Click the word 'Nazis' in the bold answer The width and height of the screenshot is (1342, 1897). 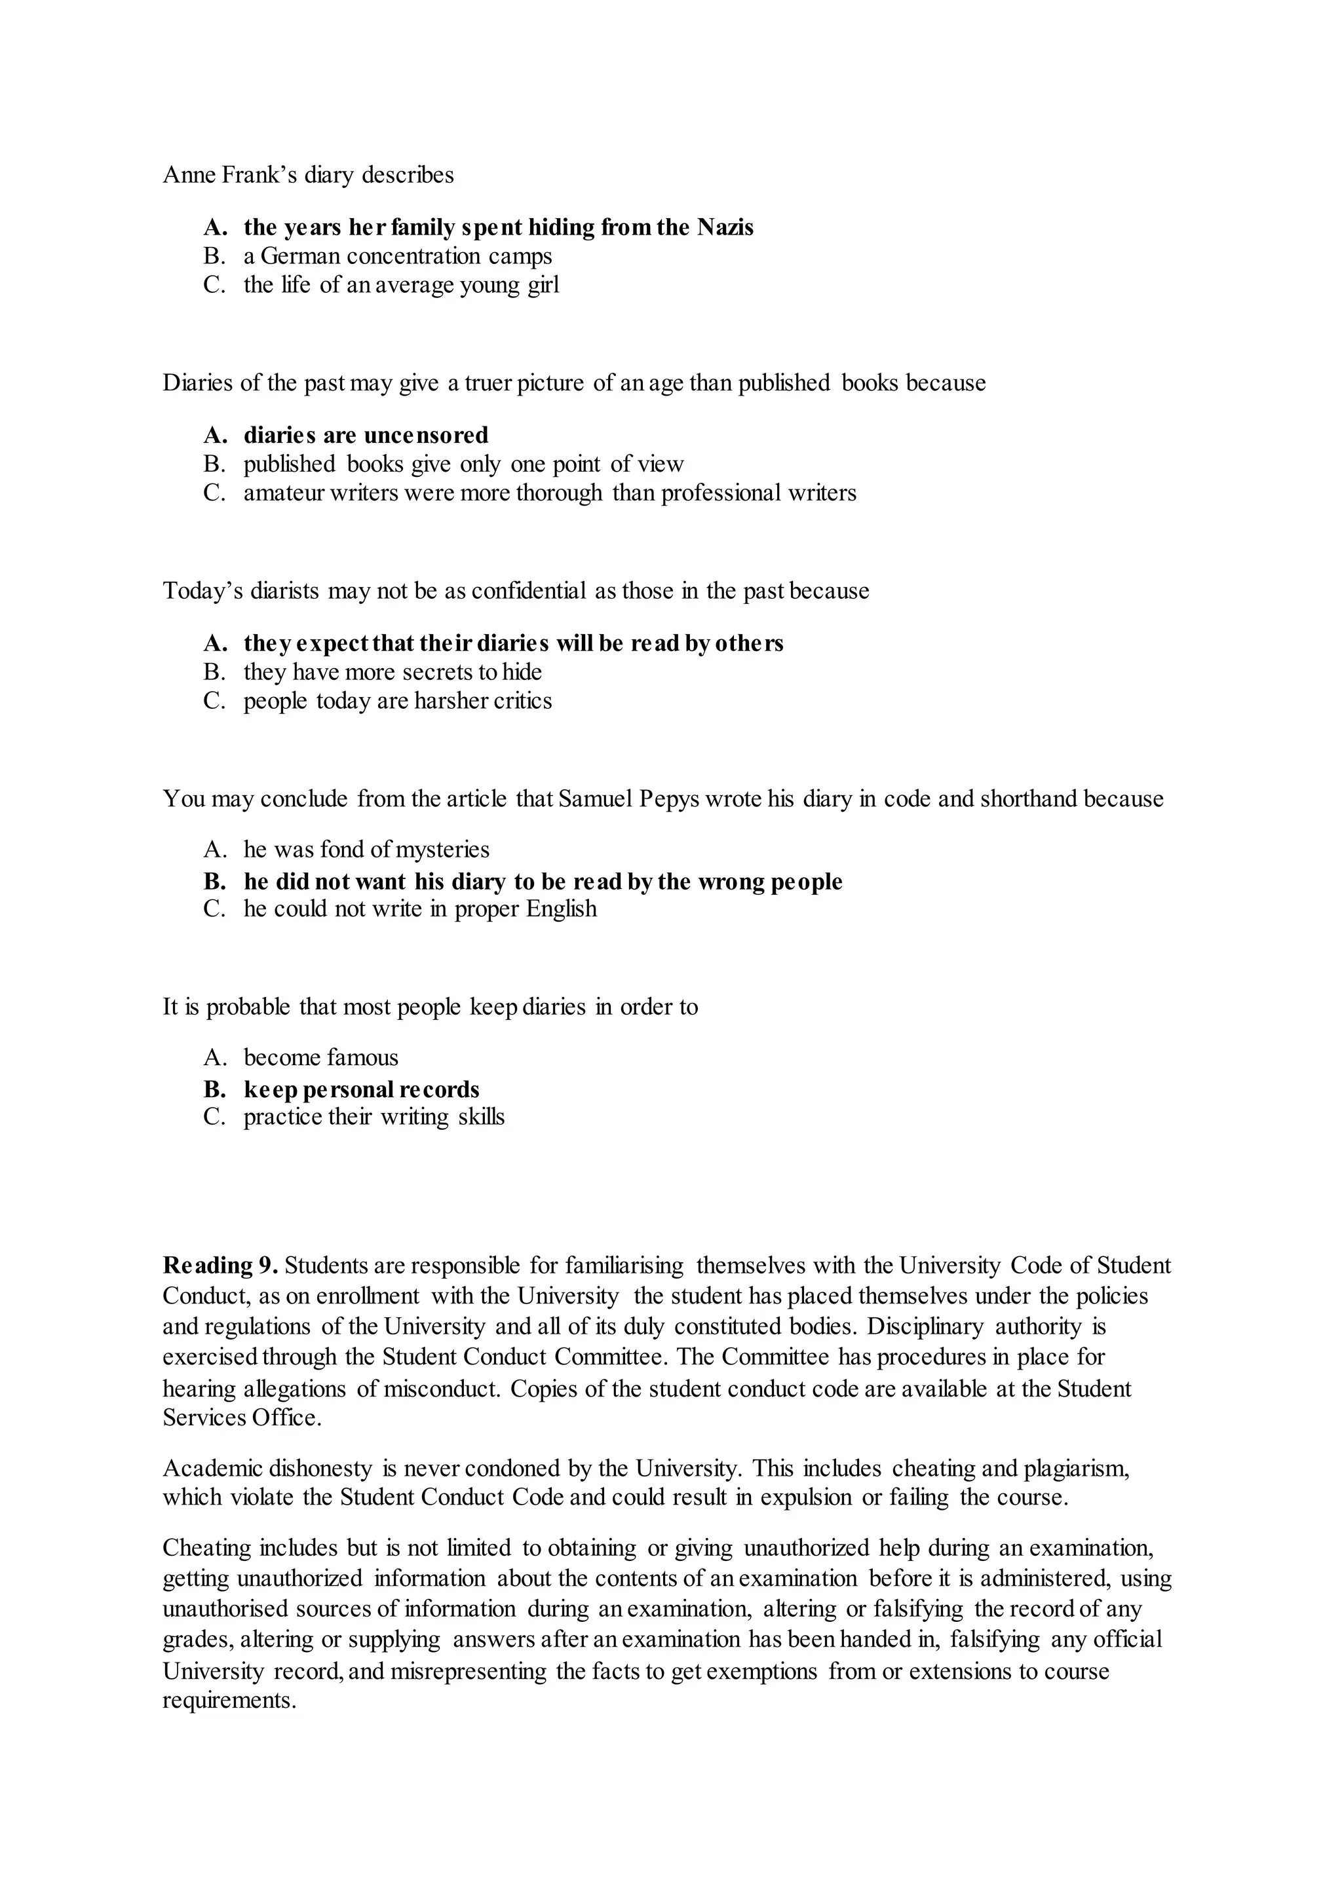tap(725, 227)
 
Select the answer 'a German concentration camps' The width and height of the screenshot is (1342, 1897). tap(398, 256)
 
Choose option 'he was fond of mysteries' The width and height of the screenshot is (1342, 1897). tap(366, 850)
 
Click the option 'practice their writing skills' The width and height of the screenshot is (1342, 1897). tap(374, 1117)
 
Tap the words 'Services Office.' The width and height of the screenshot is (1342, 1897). tap(241, 1418)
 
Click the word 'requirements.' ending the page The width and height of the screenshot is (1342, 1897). tap(229, 1701)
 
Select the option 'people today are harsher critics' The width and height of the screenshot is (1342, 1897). tap(398, 701)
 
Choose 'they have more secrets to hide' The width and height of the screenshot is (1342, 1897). tap(393, 671)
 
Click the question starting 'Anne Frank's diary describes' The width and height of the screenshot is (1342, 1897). tap(308, 175)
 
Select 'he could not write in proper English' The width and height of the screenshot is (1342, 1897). tap(420, 909)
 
